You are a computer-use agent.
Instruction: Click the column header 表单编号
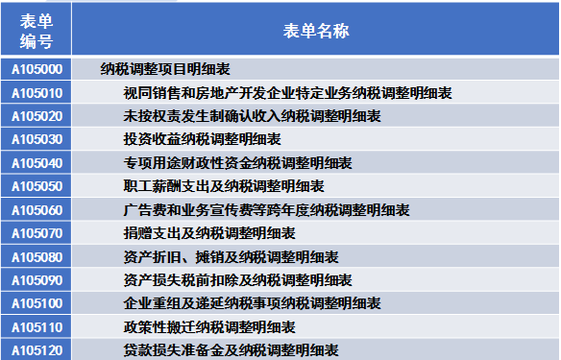(x=36, y=30)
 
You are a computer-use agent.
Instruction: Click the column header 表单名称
(x=316, y=30)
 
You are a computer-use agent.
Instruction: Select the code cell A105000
(x=36, y=69)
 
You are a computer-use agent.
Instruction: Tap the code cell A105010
(x=36, y=93)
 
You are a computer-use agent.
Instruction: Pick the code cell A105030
(x=36, y=139)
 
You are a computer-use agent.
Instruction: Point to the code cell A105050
(x=36, y=186)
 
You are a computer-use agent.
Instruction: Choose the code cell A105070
(x=36, y=233)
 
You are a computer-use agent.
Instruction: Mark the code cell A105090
(x=36, y=280)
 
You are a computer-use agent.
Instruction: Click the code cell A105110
(x=36, y=327)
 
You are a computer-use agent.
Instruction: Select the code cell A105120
(x=36, y=350)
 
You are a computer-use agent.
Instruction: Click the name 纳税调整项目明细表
(x=164, y=69)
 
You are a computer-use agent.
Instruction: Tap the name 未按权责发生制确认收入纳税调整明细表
(x=252, y=116)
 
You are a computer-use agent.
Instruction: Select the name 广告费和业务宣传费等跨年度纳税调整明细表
(x=266, y=210)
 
